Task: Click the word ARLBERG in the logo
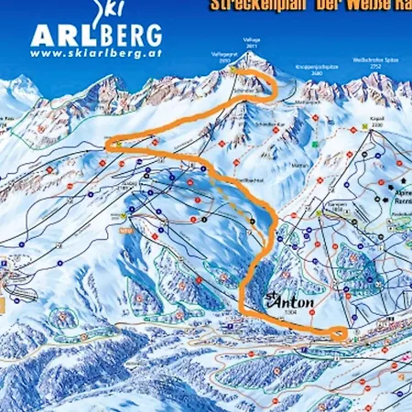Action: point(96,36)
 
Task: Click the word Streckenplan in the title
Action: point(253,4)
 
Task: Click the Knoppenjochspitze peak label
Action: point(315,69)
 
